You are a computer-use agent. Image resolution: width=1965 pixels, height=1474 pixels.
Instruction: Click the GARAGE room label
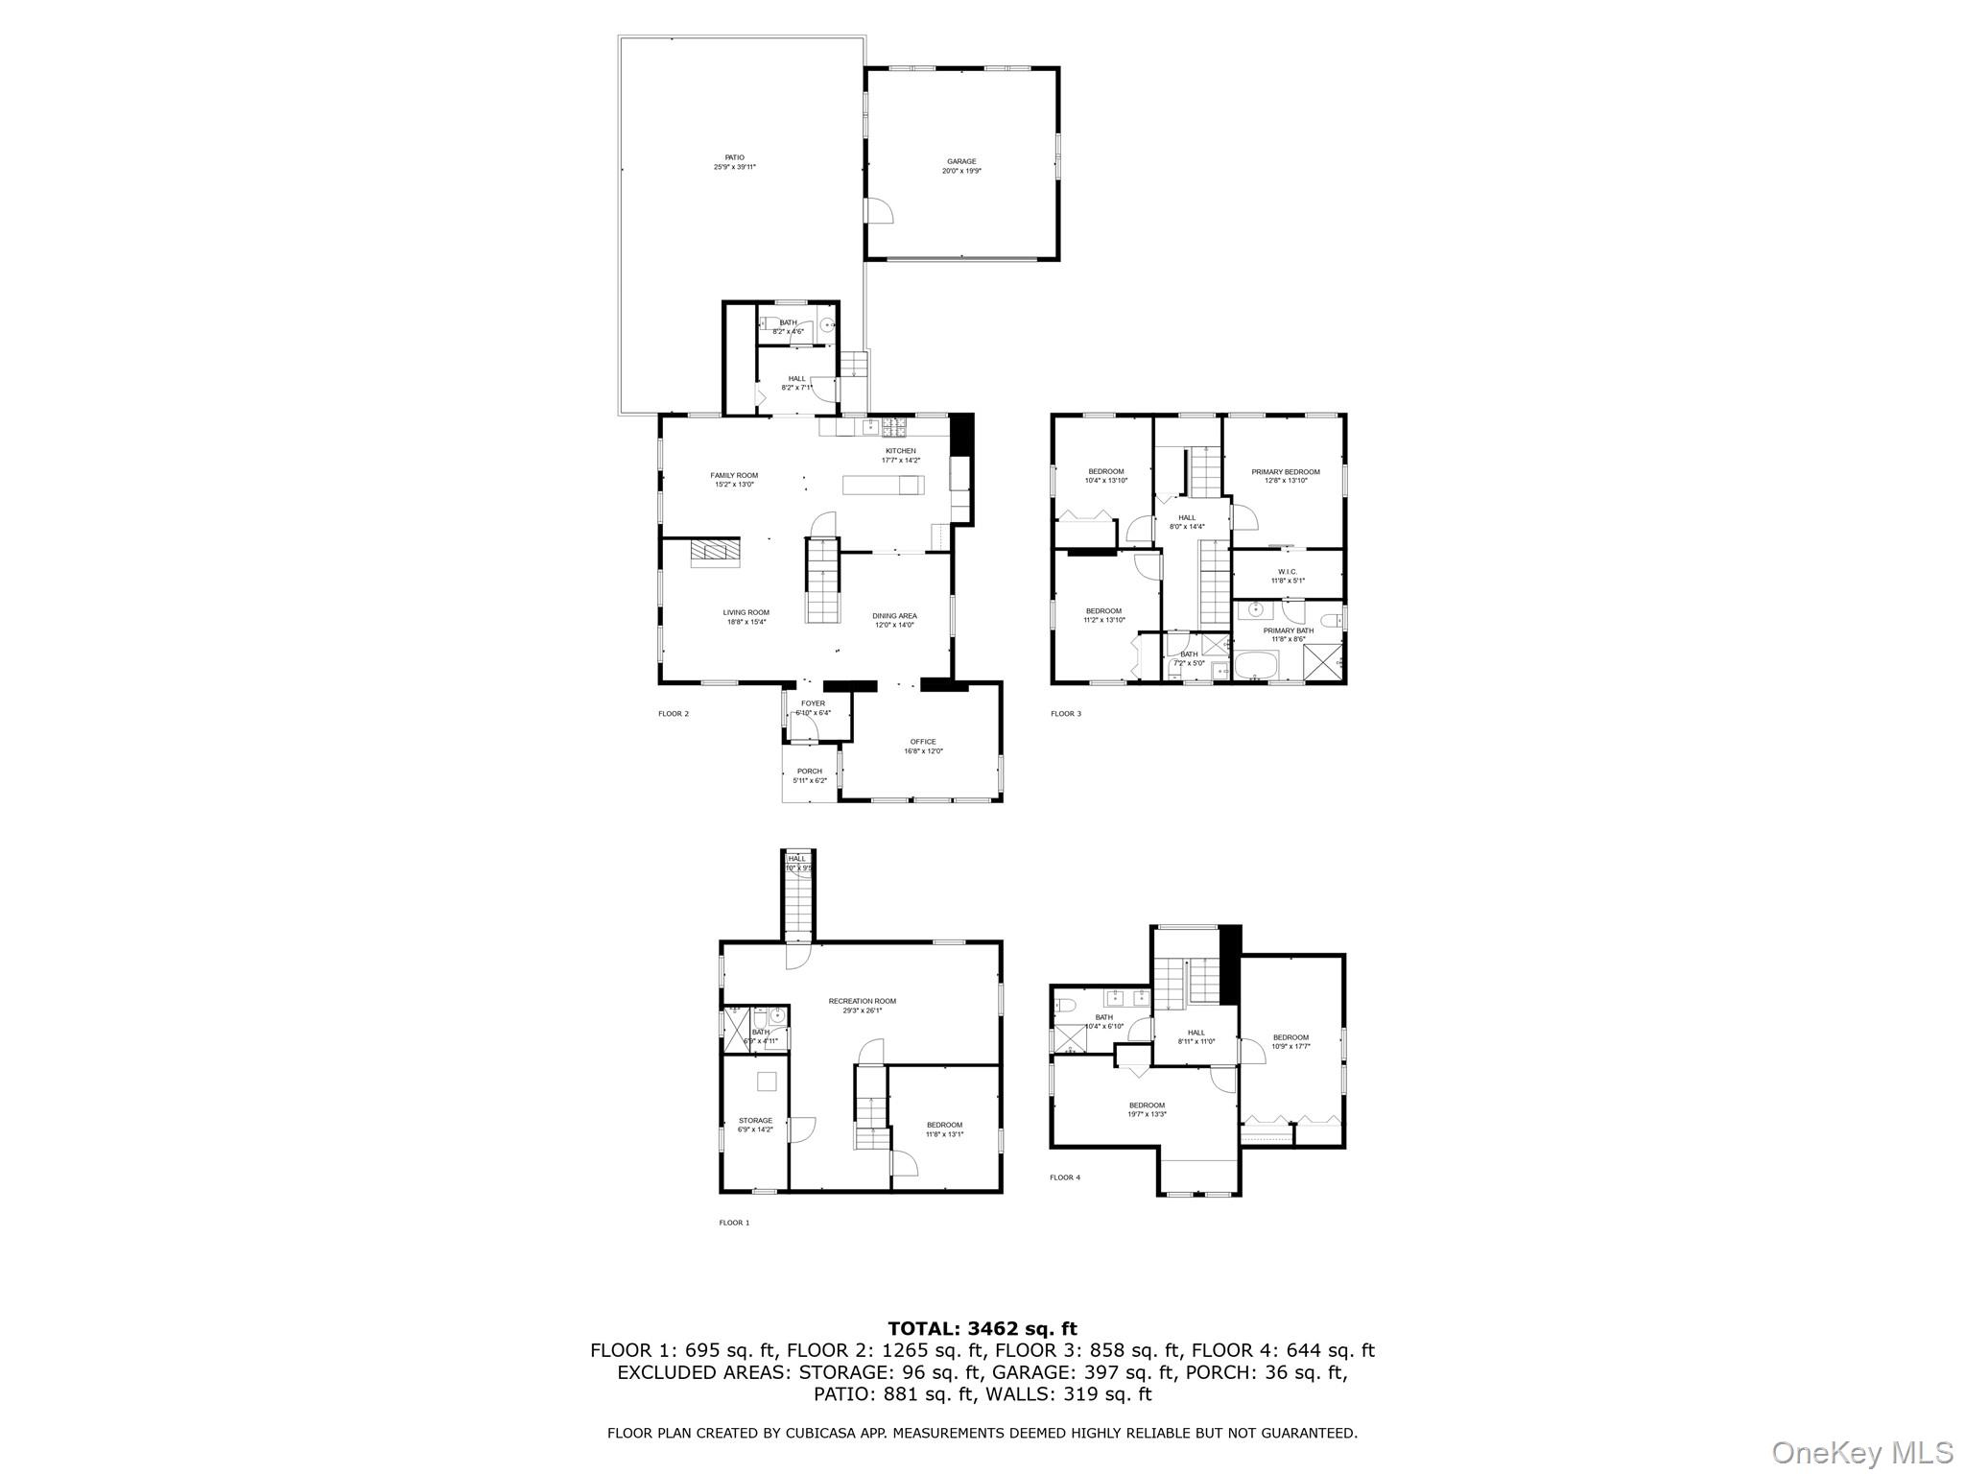(x=961, y=162)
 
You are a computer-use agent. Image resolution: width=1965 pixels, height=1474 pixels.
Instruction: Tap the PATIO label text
(x=734, y=157)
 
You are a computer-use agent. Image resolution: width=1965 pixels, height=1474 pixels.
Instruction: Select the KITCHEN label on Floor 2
(x=900, y=451)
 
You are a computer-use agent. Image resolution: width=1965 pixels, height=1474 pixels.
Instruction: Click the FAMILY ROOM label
(x=734, y=475)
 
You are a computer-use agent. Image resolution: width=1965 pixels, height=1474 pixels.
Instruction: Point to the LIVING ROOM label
(x=746, y=612)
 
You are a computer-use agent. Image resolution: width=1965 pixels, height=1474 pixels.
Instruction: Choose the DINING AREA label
(x=894, y=616)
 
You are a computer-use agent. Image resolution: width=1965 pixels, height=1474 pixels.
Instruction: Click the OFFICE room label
(x=923, y=742)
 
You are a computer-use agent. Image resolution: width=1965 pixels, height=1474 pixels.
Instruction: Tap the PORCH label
(x=809, y=772)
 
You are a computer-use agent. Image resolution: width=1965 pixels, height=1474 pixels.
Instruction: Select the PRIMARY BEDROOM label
(x=1285, y=472)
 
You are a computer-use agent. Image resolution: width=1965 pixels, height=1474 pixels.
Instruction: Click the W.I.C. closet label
(x=1287, y=572)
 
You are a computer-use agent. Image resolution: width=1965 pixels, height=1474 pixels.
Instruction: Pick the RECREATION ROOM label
(x=862, y=1001)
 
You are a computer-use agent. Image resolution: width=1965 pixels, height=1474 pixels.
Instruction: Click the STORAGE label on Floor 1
(x=755, y=1121)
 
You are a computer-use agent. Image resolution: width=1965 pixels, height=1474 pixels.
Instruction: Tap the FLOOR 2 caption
(x=674, y=714)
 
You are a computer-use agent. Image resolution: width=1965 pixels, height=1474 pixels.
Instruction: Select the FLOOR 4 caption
(x=1064, y=1177)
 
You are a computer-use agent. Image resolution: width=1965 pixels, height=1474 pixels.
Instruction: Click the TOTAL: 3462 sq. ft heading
(x=982, y=1329)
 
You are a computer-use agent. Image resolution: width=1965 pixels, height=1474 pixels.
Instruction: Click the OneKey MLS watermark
(x=1862, y=1453)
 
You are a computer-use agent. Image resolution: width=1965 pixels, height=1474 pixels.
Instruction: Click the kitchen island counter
(x=883, y=486)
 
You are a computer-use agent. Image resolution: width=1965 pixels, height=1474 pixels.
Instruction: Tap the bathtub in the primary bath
(x=1257, y=664)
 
